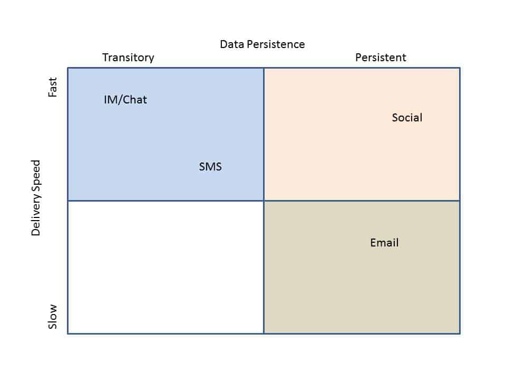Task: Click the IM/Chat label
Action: [x=125, y=100]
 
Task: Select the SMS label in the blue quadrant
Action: [x=210, y=166]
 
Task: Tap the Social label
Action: [x=407, y=117]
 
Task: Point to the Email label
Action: [x=384, y=242]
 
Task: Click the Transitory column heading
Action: [x=128, y=58]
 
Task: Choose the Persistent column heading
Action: [x=381, y=57]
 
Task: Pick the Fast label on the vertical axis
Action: [x=52, y=87]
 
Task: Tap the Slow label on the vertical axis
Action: [x=52, y=316]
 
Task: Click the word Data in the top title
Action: [x=232, y=44]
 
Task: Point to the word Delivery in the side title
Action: [x=36, y=215]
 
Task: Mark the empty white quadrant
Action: [x=166, y=267]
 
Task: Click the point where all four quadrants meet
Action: [x=264, y=201]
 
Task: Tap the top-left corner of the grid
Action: [x=68, y=68]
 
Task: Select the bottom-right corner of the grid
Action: [x=460, y=334]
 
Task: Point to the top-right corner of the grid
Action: [x=460, y=68]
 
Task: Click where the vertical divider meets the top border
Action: [x=264, y=68]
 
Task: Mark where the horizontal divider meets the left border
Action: [x=68, y=201]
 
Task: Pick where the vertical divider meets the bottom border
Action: [x=264, y=334]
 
